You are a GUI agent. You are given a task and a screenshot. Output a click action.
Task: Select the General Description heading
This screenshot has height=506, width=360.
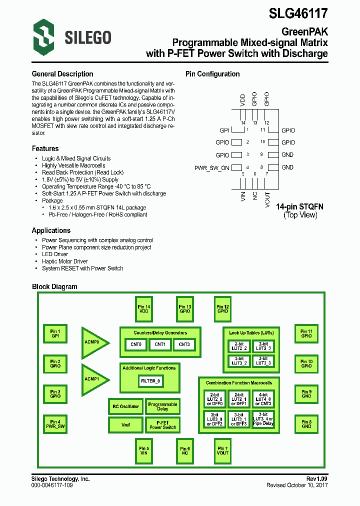tap(62, 74)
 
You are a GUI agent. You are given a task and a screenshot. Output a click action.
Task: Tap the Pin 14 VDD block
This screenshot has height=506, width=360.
tap(144, 309)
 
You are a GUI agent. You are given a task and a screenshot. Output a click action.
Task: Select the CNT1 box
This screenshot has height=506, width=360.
tap(160, 344)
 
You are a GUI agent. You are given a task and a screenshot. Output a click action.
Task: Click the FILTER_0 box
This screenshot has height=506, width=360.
tap(150, 381)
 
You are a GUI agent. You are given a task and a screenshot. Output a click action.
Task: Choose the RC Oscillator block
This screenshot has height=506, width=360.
tap(125, 406)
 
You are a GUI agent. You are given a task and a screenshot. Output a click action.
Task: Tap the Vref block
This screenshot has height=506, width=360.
tap(125, 425)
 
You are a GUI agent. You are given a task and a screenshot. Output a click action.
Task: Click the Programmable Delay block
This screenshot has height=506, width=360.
tap(162, 406)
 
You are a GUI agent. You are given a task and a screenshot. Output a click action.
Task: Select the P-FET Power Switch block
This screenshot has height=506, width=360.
tap(162, 425)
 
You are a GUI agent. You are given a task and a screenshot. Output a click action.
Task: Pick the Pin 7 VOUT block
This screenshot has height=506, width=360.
tap(222, 451)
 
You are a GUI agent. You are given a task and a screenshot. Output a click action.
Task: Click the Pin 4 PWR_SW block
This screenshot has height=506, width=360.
tap(55, 424)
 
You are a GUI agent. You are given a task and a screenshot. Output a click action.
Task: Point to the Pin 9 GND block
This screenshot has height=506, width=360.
tap(306, 394)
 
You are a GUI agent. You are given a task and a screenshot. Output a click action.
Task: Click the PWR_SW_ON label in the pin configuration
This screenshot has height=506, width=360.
tap(211, 168)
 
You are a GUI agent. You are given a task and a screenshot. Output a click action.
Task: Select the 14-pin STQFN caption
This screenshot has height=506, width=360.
tap(300, 206)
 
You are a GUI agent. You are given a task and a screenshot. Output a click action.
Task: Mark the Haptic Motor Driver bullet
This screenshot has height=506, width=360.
tap(65, 261)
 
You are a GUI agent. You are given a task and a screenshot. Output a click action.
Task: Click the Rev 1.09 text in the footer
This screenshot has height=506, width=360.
tap(316, 479)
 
